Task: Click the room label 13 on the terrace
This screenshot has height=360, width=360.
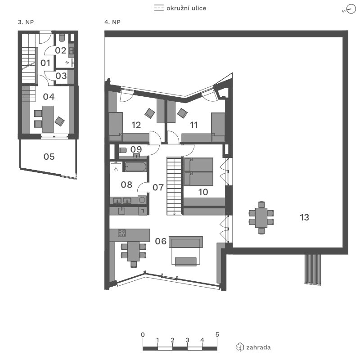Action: coord(305,217)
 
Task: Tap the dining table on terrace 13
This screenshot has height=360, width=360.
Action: coord(261,217)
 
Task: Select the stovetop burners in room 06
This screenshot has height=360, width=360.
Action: coord(121,233)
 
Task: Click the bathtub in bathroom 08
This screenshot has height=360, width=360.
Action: coord(135,166)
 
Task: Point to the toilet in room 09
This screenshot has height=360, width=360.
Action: coord(123,150)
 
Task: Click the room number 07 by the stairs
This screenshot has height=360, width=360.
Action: coord(158,187)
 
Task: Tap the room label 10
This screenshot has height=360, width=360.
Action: coord(203,192)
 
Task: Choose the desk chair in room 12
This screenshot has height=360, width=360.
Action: coord(150,113)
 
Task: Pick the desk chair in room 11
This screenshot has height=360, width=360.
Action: coord(182,113)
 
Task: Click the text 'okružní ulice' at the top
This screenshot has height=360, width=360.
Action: coord(186,8)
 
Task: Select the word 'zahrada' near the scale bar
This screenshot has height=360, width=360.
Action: coord(258,347)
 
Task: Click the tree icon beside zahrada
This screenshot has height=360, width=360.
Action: coord(240,347)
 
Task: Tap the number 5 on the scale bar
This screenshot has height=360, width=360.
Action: coord(217,334)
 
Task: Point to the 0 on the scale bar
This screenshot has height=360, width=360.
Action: coord(143,334)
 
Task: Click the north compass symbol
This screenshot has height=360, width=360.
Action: coord(351,9)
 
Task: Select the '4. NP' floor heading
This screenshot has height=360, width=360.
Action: coord(112,22)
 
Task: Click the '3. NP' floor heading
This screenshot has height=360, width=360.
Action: coord(26,22)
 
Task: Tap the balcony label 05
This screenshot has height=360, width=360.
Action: coord(49,157)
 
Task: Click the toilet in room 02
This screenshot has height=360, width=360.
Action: coord(62,38)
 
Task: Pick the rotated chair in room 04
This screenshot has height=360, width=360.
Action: coord(59,121)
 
